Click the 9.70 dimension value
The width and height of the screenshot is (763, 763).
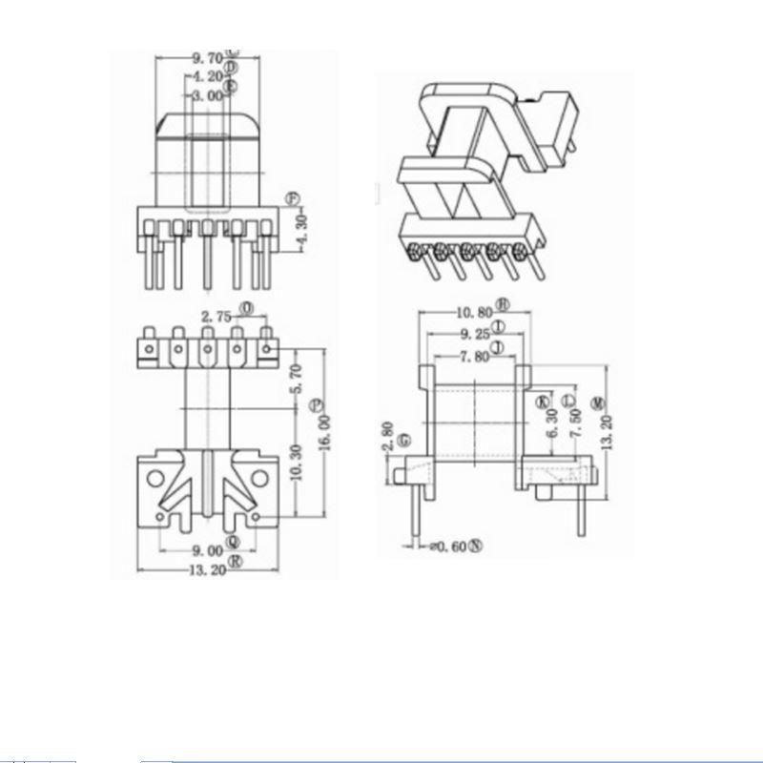207,58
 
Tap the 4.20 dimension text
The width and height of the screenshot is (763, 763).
207,76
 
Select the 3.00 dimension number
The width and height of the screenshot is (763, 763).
207,95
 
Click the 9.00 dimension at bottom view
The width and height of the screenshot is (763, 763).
207,550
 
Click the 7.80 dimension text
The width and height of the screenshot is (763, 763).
474,357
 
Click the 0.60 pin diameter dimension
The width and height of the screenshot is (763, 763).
450,546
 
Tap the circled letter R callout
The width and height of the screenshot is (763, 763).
235,564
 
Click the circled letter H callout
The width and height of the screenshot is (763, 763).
504,306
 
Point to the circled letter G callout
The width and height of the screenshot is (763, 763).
405,440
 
